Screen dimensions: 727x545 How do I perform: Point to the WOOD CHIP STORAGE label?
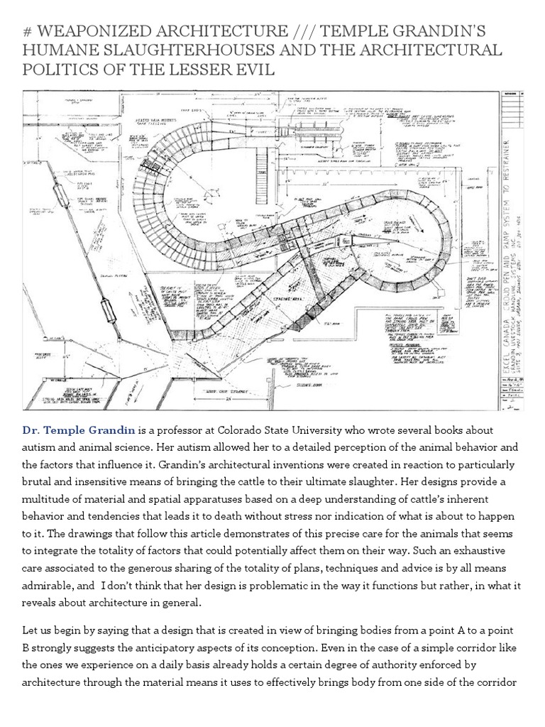click(x=233, y=389)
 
